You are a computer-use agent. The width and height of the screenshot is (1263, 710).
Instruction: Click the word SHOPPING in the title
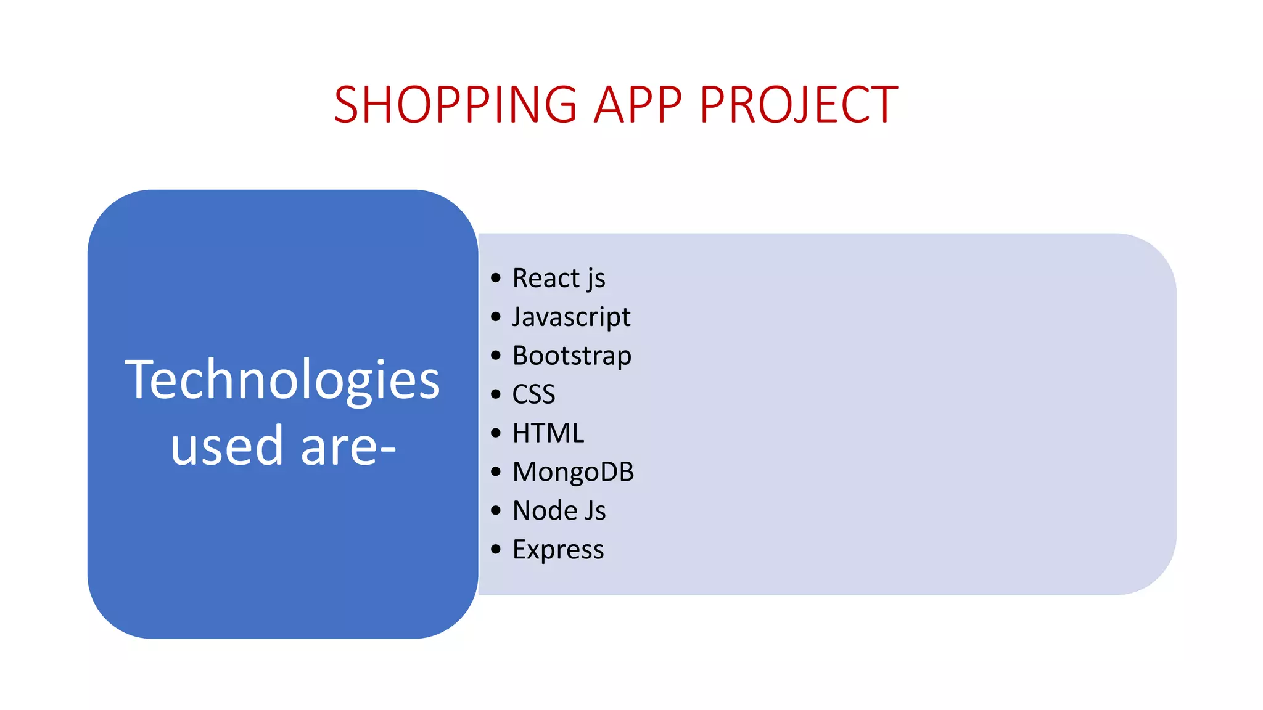455,105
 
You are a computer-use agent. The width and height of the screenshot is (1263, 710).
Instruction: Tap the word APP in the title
638,105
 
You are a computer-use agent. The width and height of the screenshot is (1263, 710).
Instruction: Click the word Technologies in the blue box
282,380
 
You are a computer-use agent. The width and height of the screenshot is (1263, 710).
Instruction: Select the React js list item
559,279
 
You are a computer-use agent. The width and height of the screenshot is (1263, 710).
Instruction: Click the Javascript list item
571,317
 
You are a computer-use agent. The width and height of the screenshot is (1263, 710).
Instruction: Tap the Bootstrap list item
572,356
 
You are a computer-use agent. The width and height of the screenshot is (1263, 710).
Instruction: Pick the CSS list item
533,394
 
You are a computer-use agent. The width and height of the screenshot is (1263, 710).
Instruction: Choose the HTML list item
548,433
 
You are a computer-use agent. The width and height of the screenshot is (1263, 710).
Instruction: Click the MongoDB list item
573,472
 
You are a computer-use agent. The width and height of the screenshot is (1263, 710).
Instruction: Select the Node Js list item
559,511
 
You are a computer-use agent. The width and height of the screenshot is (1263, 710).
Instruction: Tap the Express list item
558,550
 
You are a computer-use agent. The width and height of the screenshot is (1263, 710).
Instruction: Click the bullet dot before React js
496,278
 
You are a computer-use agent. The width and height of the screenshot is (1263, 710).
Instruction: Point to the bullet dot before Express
496,549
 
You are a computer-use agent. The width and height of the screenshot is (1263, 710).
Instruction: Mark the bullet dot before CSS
496,394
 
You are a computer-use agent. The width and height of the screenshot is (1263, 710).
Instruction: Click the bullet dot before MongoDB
496,471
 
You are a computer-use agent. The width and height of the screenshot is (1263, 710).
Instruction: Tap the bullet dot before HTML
496,433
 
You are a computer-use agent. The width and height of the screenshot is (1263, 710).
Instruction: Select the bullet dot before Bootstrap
496,356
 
